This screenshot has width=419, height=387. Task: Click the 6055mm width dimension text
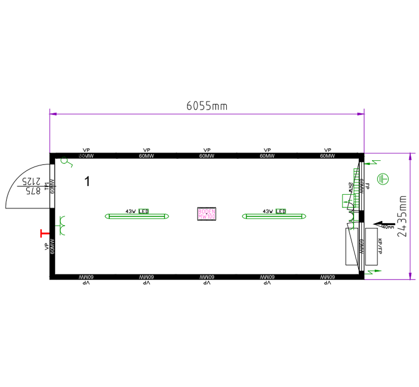tap(207, 106)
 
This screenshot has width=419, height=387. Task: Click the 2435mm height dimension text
tap(402, 216)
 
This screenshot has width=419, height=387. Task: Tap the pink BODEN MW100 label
tap(207, 214)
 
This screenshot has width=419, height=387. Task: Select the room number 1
tap(87, 182)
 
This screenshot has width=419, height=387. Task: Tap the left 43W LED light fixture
tap(138, 215)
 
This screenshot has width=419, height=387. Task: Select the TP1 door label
tap(47, 186)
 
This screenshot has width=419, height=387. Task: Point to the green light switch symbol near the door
tap(66, 162)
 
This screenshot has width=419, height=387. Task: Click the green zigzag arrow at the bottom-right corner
tap(373, 271)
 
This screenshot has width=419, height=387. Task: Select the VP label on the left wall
tap(47, 246)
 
